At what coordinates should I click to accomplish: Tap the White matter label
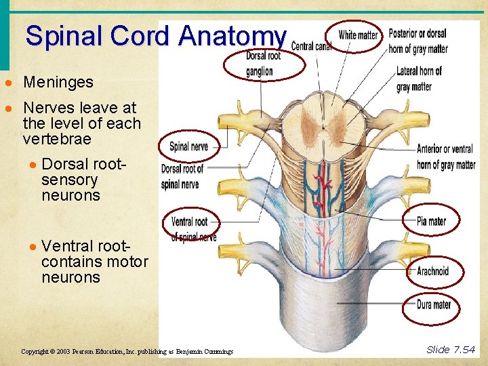tap(357, 35)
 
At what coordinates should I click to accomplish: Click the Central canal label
tap(311, 46)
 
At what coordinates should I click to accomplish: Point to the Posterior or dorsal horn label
tap(418, 41)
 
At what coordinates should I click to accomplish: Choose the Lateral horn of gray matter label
tap(419, 79)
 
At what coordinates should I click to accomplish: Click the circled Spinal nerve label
tap(188, 146)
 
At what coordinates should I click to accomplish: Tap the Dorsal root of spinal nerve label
tap(182, 176)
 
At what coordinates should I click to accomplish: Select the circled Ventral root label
tap(190, 222)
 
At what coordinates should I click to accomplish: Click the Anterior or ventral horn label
tap(445, 157)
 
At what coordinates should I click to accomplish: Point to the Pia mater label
tap(432, 221)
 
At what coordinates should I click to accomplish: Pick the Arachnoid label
tap(432, 271)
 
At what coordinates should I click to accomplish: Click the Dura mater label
tap(433, 305)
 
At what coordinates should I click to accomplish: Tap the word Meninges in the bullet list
tap(58, 83)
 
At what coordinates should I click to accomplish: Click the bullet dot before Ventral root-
tap(33, 246)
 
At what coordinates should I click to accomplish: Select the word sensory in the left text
tap(69, 180)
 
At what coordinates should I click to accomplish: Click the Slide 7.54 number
tap(451, 350)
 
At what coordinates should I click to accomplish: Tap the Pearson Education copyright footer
tap(127, 352)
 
